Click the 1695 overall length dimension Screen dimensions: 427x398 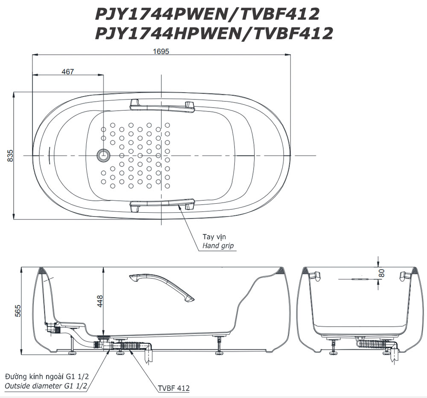click(161, 51)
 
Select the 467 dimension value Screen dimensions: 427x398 click(67, 71)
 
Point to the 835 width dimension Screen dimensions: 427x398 click(10, 155)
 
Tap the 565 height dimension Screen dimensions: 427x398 click(18, 311)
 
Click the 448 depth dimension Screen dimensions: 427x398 click(100, 301)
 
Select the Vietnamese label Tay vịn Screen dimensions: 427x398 click(214, 237)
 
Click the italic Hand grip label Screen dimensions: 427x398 click(218, 246)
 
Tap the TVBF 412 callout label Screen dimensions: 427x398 click(173, 388)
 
